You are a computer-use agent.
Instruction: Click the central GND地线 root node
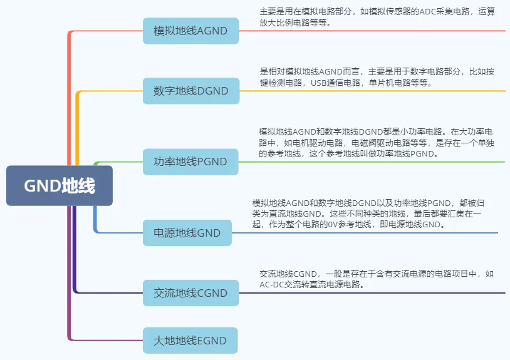pyautogui.click(x=60, y=186)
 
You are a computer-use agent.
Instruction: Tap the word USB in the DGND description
pyautogui.click(x=319, y=83)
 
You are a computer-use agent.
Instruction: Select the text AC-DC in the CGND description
pyautogui.click(x=272, y=284)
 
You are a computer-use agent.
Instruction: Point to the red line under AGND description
pyautogui.click(x=376, y=31)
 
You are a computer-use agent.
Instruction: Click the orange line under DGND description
pyautogui.click(x=376, y=91)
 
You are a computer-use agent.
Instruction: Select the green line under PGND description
pyautogui.click(x=376, y=162)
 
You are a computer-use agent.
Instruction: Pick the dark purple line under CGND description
pyautogui.click(x=376, y=293)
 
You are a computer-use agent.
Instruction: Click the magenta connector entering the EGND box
pyautogui.click(x=107, y=341)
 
